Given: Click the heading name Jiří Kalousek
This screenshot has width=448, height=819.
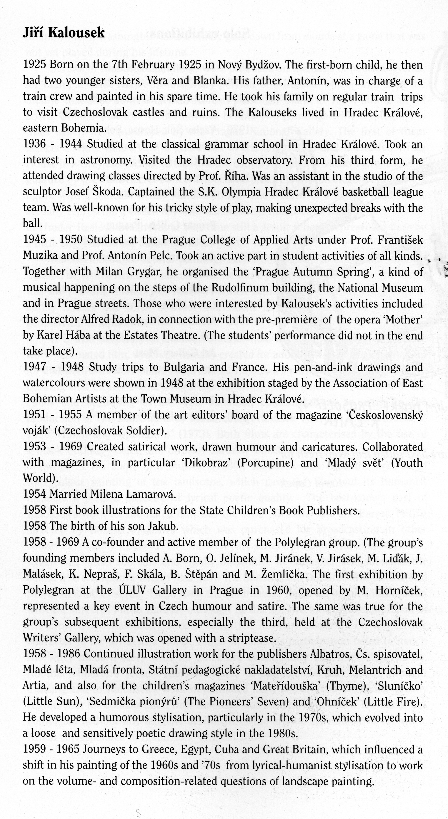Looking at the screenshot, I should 63,33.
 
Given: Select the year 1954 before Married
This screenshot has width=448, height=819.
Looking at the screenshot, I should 34,495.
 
